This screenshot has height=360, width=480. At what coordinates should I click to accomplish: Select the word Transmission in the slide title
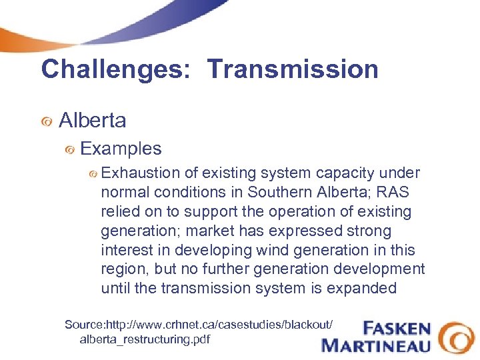pyautogui.click(x=293, y=69)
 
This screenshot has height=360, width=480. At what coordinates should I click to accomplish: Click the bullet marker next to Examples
pyautogui.click(x=69, y=150)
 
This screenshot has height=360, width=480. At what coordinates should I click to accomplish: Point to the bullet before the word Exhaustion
pyautogui.click(x=93, y=174)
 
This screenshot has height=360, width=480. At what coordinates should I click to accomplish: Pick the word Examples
pyautogui.click(x=121, y=149)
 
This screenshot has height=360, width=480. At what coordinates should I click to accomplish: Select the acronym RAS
pyautogui.click(x=395, y=193)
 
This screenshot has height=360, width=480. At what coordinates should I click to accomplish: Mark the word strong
pyautogui.click(x=368, y=231)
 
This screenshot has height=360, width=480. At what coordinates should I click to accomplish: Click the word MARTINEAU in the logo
pyautogui.click(x=376, y=345)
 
